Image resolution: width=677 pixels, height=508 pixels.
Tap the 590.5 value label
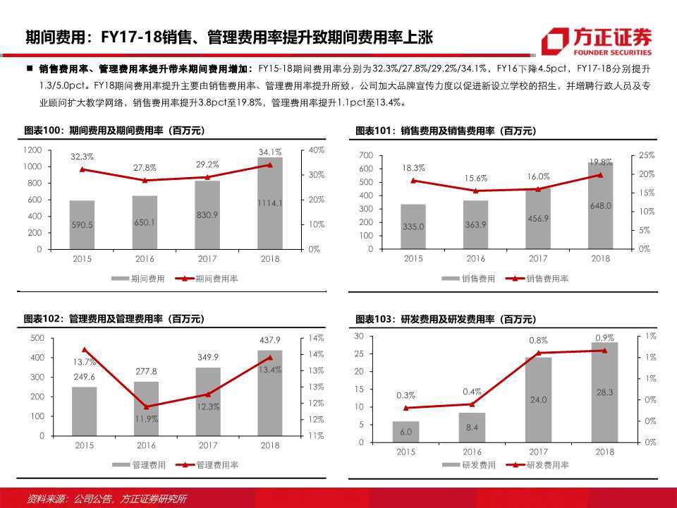pyautogui.click(x=82, y=224)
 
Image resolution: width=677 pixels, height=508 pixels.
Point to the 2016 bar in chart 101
pyautogui.click(x=475, y=224)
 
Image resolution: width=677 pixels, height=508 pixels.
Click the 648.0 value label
pyautogui.click(x=600, y=206)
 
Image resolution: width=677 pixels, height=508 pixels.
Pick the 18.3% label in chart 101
pyautogui.click(x=413, y=168)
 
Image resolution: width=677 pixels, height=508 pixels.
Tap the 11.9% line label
pyautogui.click(x=146, y=418)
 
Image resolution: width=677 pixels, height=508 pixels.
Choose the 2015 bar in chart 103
pyautogui.click(x=405, y=432)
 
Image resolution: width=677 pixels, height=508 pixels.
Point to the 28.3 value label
pyautogui.click(x=604, y=392)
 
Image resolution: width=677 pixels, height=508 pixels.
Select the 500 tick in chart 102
pyautogui.click(x=36, y=338)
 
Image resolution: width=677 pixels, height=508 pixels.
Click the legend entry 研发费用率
pyautogui.click(x=549, y=465)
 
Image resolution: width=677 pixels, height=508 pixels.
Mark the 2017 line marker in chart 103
pyautogui.click(x=538, y=353)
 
